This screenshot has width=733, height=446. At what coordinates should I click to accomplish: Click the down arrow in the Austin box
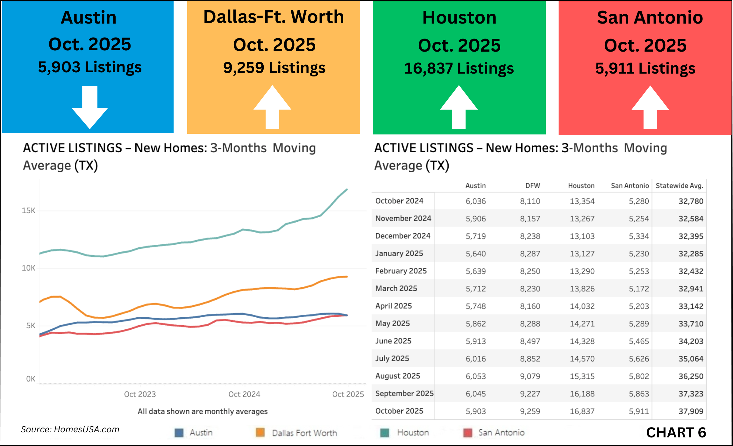(x=90, y=108)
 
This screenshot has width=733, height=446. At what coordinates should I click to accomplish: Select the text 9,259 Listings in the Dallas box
(x=274, y=68)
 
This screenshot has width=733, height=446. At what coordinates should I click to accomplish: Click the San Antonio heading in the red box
(x=650, y=17)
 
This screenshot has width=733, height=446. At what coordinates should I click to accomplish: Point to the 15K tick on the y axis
(x=28, y=211)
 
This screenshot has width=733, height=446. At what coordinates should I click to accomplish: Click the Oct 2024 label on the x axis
(x=244, y=394)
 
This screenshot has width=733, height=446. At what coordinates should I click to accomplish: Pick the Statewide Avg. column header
(x=679, y=186)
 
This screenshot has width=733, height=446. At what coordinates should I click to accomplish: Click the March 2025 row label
(x=396, y=288)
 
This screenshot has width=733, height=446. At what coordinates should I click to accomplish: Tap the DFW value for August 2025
(x=530, y=376)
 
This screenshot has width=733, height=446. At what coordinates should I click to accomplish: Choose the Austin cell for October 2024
(x=476, y=201)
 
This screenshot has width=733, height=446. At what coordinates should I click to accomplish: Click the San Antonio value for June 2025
(x=638, y=341)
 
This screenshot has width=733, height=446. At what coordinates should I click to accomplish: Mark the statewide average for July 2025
(x=691, y=359)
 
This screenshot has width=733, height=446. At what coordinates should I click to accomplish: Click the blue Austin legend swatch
(x=179, y=433)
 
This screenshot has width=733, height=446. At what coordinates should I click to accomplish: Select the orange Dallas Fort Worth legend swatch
(x=260, y=433)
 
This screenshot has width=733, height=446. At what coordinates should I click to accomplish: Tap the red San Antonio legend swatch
(x=468, y=433)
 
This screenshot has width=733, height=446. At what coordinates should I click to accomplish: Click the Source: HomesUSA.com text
(x=70, y=429)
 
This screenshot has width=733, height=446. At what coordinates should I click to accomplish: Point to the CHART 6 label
(x=676, y=433)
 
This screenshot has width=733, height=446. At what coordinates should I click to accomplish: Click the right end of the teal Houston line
(x=347, y=190)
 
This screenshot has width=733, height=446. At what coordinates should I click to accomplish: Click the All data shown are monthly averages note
(x=203, y=411)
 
